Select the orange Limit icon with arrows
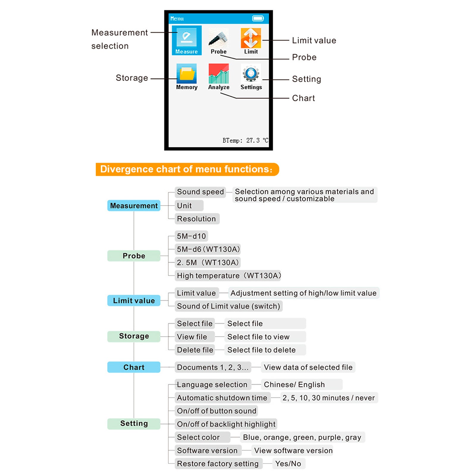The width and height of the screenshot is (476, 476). point(251,38)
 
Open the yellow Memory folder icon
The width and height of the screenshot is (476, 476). point(187,73)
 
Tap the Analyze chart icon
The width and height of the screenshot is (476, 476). point(219,73)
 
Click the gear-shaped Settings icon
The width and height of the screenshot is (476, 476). point(251,73)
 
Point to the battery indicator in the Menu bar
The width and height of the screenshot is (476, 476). point(258,18)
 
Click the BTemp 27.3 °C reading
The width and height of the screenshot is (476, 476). point(245,140)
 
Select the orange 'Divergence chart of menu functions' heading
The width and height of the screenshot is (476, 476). point(187,169)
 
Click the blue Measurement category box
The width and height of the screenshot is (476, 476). point(134,206)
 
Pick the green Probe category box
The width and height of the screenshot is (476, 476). point(134,256)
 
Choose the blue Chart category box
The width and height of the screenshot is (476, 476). point(134,367)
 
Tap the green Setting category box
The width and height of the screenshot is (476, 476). point(134,423)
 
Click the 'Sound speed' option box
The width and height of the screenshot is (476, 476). point(200,192)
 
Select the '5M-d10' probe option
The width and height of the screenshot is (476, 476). point(191,236)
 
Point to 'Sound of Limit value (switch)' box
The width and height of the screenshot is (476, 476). point(228,306)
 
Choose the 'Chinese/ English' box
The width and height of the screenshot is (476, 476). point(301,384)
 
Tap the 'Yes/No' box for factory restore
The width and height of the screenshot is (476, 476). point(288,464)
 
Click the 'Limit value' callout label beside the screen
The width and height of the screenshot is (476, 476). point(314,40)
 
